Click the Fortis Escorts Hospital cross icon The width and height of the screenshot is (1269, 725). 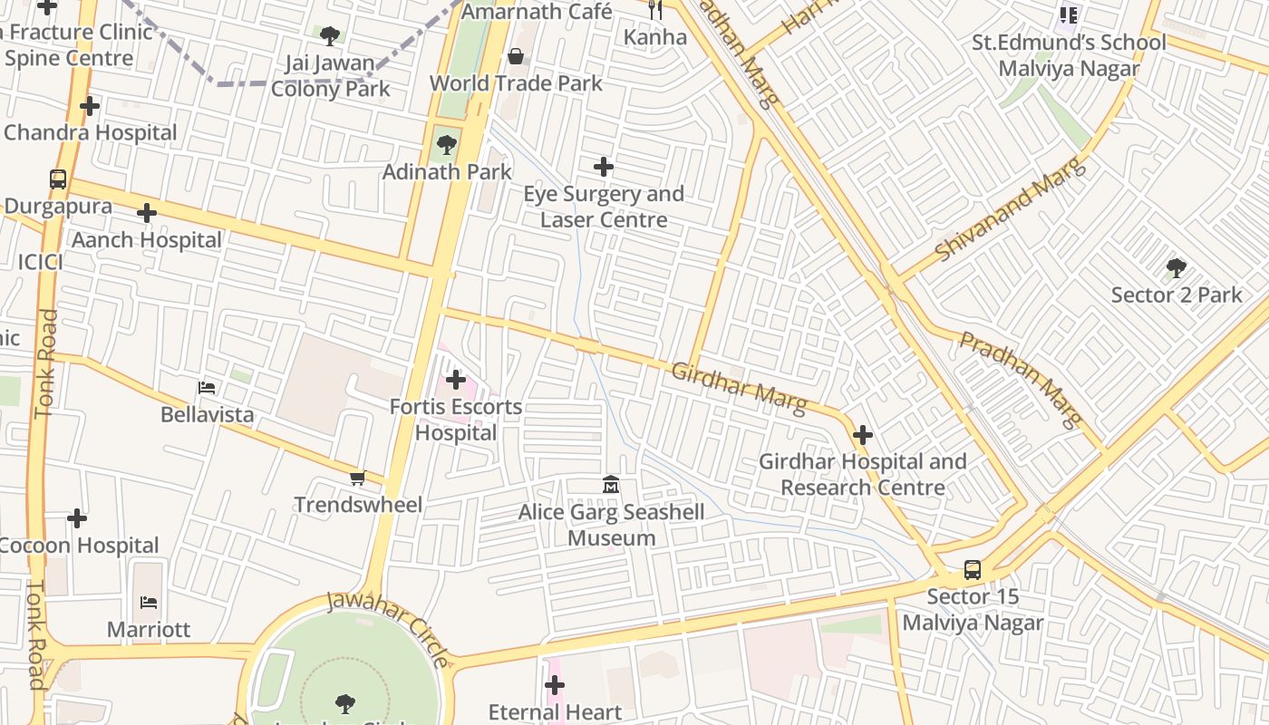(x=456, y=380)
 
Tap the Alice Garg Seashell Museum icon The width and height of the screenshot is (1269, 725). (x=611, y=486)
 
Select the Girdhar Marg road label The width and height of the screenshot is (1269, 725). (x=739, y=388)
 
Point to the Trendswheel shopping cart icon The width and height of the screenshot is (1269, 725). (x=358, y=478)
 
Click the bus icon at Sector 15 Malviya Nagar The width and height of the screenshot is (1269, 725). (x=972, y=570)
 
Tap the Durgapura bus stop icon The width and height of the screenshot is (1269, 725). (x=58, y=179)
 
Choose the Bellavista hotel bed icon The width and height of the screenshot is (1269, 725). (x=207, y=388)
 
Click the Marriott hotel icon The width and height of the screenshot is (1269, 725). (x=149, y=602)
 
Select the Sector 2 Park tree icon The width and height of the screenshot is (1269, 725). (x=1177, y=268)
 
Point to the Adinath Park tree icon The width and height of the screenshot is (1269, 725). (x=446, y=145)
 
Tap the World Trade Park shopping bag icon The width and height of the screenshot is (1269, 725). (x=516, y=57)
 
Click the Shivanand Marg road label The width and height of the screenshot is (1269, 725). (x=1009, y=210)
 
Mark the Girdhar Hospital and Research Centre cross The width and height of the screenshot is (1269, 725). (x=863, y=435)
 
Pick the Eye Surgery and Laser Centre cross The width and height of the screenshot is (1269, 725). (x=604, y=167)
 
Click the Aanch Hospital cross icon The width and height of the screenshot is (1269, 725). (x=147, y=213)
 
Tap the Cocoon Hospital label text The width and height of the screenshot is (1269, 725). (x=80, y=546)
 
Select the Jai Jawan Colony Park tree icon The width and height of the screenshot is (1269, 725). (x=330, y=36)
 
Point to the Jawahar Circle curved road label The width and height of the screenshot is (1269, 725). (x=388, y=627)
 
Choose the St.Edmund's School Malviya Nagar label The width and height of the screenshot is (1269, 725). (x=1069, y=55)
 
